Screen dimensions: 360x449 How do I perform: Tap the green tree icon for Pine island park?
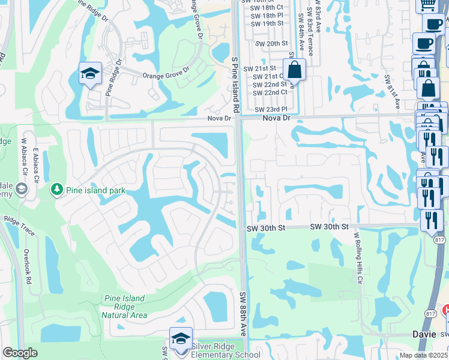click(58, 190)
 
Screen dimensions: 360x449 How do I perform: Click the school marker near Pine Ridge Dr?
click(90, 74)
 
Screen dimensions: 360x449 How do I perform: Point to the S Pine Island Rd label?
click(234, 83)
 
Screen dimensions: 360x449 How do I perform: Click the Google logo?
click(20, 353)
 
